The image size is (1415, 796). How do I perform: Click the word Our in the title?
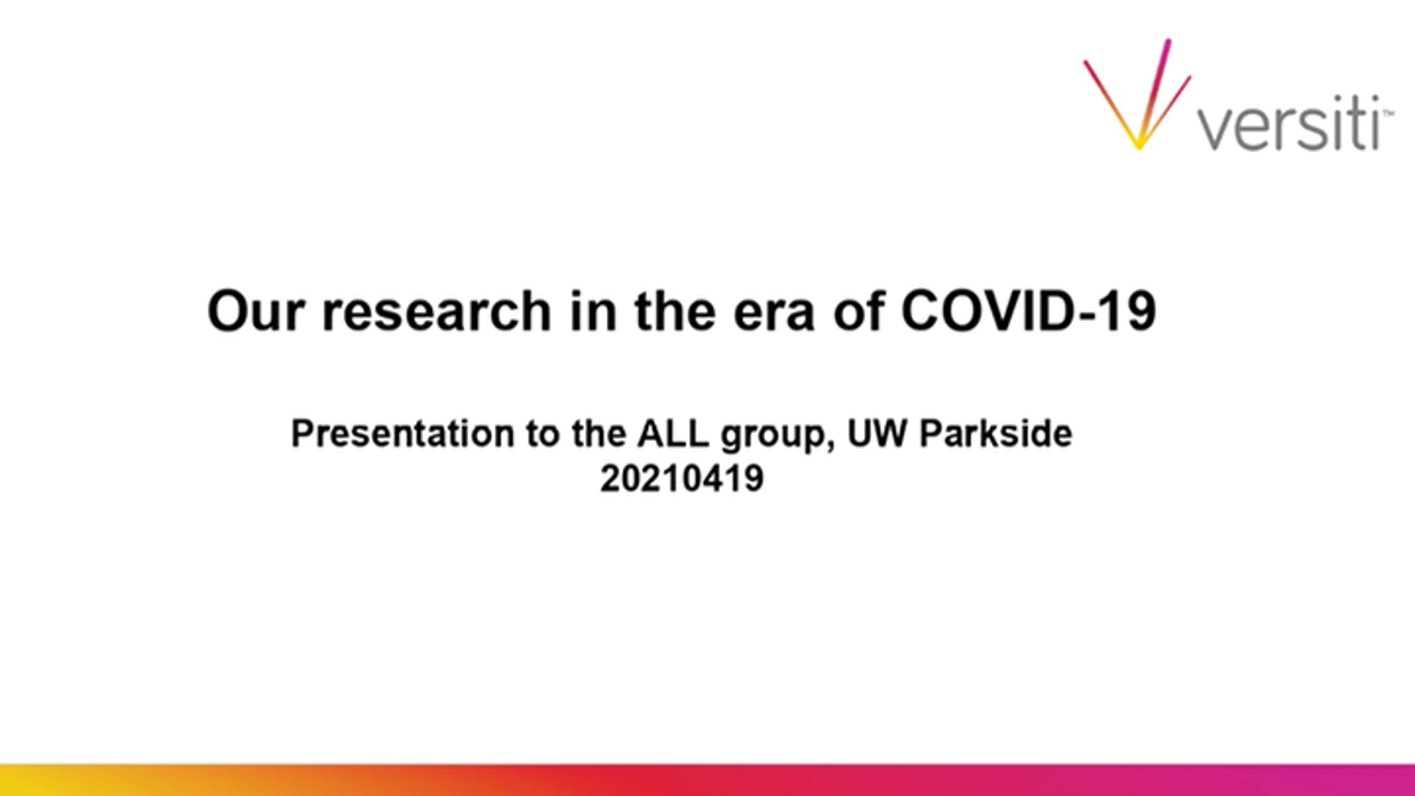256,311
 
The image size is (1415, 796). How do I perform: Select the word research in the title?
436,311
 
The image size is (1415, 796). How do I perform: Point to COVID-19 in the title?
1028,311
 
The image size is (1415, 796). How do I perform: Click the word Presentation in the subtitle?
403,434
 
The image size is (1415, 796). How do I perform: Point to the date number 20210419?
682,478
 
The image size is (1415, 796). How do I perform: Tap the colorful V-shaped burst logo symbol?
1137,94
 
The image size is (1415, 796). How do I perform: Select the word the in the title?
674,311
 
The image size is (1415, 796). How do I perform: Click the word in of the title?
593,311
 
